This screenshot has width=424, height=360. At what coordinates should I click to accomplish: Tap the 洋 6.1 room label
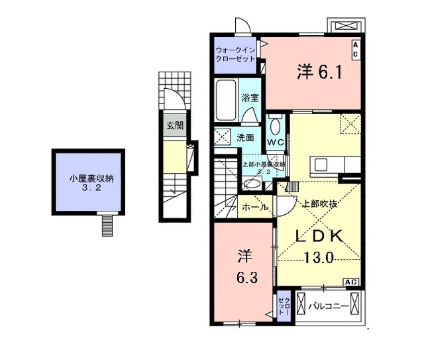point(319,72)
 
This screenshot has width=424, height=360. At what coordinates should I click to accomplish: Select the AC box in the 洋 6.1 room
point(355,48)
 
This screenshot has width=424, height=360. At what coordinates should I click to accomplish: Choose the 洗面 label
point(246,138)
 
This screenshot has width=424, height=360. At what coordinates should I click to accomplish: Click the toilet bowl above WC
point(275,125)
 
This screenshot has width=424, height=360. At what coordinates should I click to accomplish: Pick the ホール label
point(255,208)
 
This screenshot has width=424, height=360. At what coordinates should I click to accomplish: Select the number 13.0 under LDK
point(319,259)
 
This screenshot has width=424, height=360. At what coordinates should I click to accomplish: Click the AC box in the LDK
point(351,282)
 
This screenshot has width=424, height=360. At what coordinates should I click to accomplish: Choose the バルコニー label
point(328,306)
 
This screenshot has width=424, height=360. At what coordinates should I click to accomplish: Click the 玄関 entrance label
point(174,125)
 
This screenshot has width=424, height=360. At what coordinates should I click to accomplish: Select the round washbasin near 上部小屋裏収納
point(252,183)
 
